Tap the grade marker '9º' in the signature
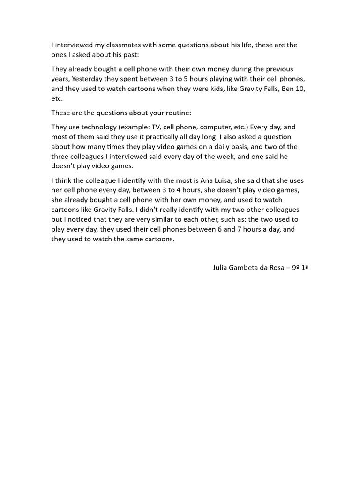[296, 269]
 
